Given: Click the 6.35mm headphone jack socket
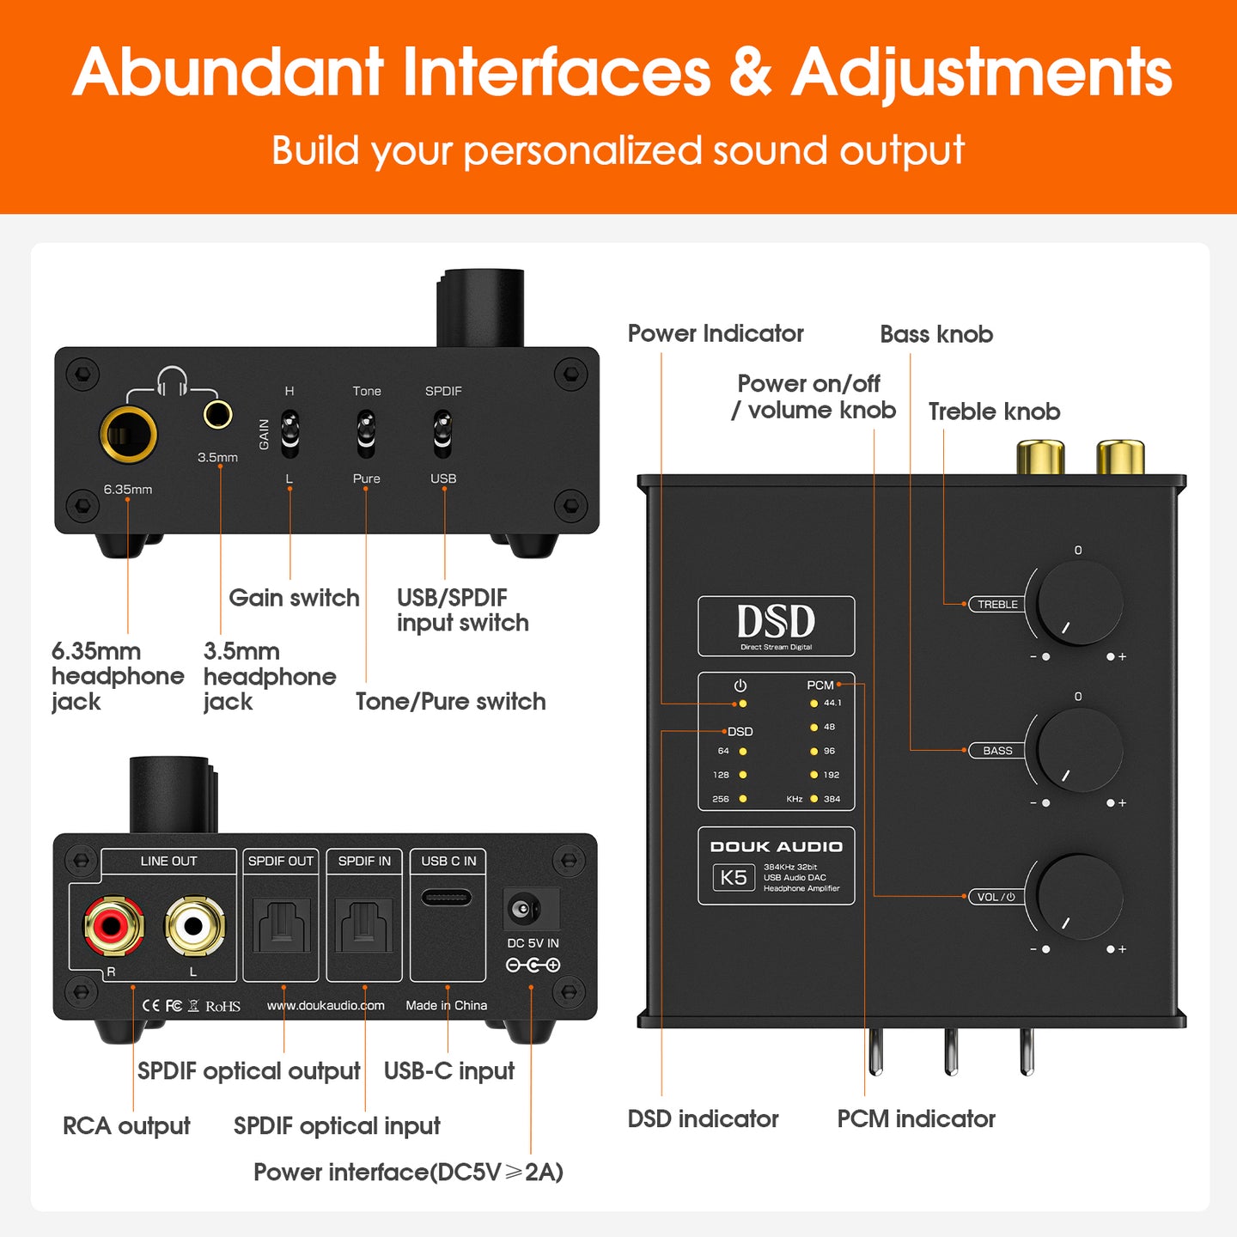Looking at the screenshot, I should coord(128,434).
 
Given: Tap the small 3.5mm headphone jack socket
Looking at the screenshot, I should coord(217,414).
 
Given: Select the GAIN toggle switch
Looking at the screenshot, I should coord(289,434).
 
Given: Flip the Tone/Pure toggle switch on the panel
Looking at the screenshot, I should coord(366,434).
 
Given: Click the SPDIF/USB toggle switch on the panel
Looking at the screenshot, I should coord(442,434).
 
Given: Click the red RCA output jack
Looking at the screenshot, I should coord(113,925).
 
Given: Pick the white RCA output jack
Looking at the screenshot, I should coord(194,925).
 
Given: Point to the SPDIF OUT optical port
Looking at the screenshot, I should coord(281,926).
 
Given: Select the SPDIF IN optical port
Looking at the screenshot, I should coord(364,926).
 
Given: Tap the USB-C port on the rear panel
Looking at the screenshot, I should coord(447,898).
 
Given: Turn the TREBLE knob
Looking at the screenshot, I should coord(1079,604).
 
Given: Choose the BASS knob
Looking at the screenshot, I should coord(1079,750).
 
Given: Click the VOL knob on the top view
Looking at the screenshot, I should coord(1079,896).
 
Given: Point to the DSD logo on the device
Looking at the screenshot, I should coord(776,622).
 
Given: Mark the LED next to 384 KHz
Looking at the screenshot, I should coord(813,799).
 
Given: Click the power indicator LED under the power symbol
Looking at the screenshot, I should coord(742,704).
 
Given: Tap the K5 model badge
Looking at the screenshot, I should coord(734,877).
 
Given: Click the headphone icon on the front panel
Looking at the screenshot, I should coord(172,381).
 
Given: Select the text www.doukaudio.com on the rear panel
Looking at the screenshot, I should coord(326,1005).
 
